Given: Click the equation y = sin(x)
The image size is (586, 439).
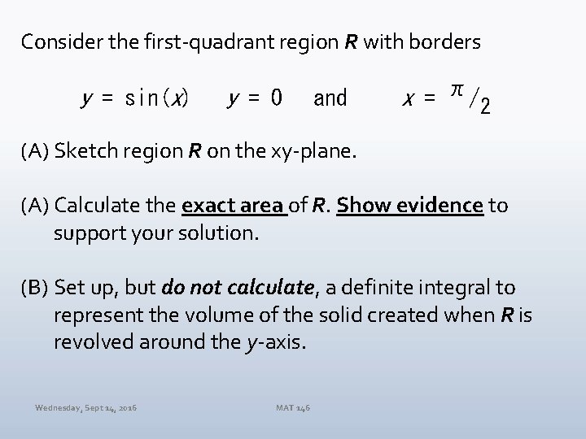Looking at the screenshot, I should (135, 99).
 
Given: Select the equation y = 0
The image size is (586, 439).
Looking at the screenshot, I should (255, 99).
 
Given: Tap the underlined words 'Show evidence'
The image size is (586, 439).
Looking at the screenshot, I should (410, 206).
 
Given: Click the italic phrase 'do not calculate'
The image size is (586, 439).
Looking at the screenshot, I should (238, 287).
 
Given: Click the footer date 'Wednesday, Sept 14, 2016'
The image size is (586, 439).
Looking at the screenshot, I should (85, 406).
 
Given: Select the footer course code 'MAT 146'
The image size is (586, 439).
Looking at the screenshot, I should (292, 406).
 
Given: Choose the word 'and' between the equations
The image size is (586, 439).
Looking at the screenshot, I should (330, 99).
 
